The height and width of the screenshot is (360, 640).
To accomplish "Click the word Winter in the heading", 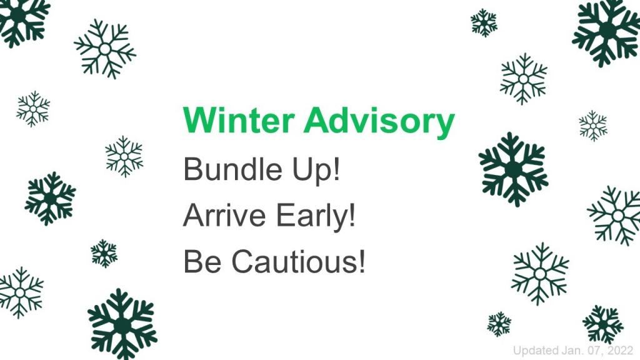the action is tap(239, 120).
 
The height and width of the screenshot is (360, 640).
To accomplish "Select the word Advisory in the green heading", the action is tap(379, 122).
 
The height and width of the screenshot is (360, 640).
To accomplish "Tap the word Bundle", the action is tap(232, 169).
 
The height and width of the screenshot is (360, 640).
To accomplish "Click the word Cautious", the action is tap(294, 261).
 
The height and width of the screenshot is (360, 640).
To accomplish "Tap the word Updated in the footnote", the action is tap(536, 351).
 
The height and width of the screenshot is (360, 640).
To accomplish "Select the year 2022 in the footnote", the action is tap(620, 351).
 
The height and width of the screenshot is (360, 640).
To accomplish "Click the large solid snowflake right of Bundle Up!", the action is tap(513, 169).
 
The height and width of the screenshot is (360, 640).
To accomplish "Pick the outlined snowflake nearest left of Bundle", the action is tap(124, 157).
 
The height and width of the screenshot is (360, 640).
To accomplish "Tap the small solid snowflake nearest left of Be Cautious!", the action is tap(104, 254).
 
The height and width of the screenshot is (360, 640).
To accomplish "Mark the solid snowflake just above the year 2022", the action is tap(603, 324).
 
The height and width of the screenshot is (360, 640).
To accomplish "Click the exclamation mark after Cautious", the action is tap(361, 261).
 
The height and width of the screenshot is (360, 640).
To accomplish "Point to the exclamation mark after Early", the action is tap(352, 215).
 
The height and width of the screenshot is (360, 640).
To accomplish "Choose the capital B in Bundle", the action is tap(193, 169).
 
